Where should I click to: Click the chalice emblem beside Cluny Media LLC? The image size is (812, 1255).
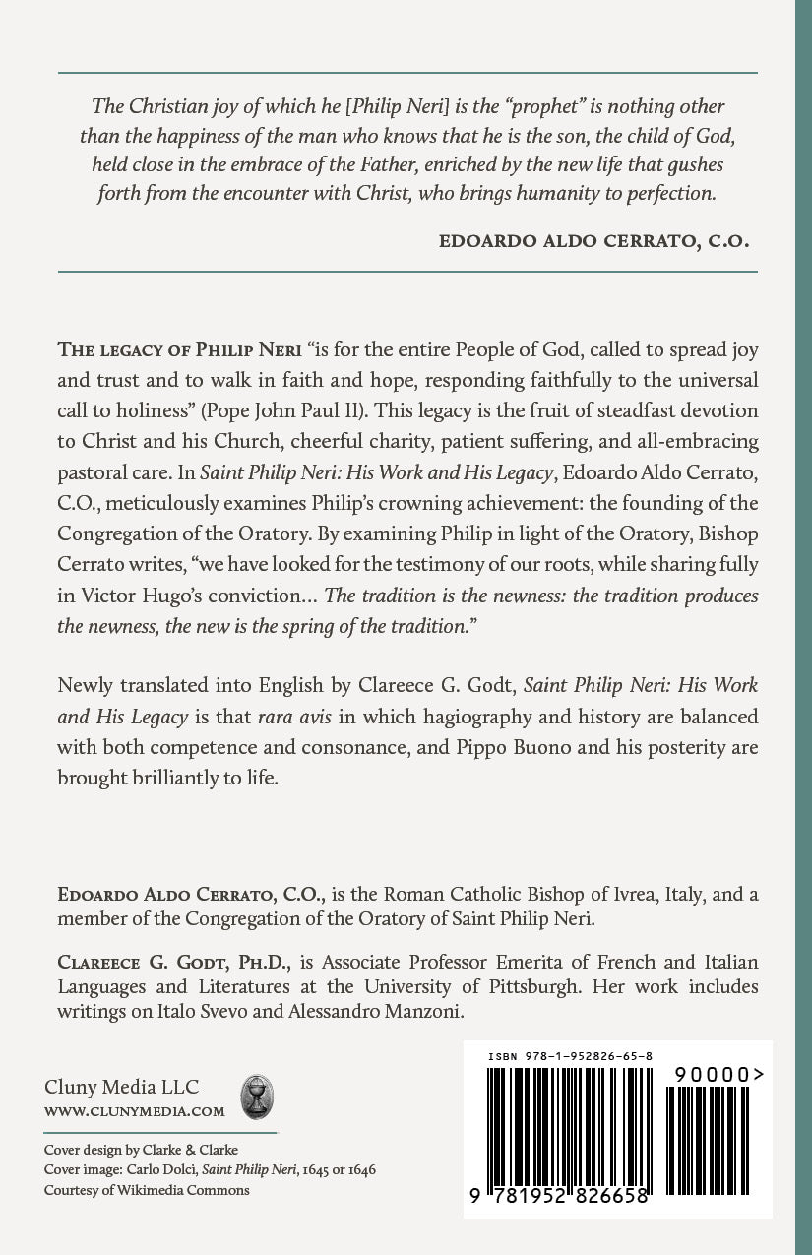point(257,1095)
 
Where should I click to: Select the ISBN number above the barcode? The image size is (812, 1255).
point(570,1056)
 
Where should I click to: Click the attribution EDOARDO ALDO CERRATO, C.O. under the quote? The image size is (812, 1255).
point(593,240)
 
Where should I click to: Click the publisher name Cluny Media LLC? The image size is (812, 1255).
point(121,1087)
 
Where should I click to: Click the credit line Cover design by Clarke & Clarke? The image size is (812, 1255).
point(141,1150)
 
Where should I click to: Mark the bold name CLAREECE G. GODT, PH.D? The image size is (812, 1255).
point(152,960)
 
